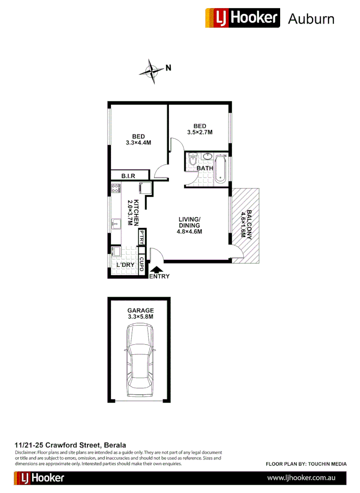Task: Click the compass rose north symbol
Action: point(152,71)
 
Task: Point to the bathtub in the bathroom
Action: point(220,169)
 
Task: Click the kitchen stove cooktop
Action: point(115,188)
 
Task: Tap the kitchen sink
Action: point(115,224)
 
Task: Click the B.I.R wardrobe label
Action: point(130,176)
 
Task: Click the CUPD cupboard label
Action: point(142,264)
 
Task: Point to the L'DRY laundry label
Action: point(125,265)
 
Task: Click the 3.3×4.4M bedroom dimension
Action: point(139,142)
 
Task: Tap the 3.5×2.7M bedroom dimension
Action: point(200,132)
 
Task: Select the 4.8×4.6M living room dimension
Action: point(190,231)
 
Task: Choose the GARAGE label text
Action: point(141,310)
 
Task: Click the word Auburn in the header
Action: point(311,19)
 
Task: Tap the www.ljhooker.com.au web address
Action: point(301,478)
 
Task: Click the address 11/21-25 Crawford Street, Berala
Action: point(70,445)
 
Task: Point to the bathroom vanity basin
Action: point(208,157)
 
